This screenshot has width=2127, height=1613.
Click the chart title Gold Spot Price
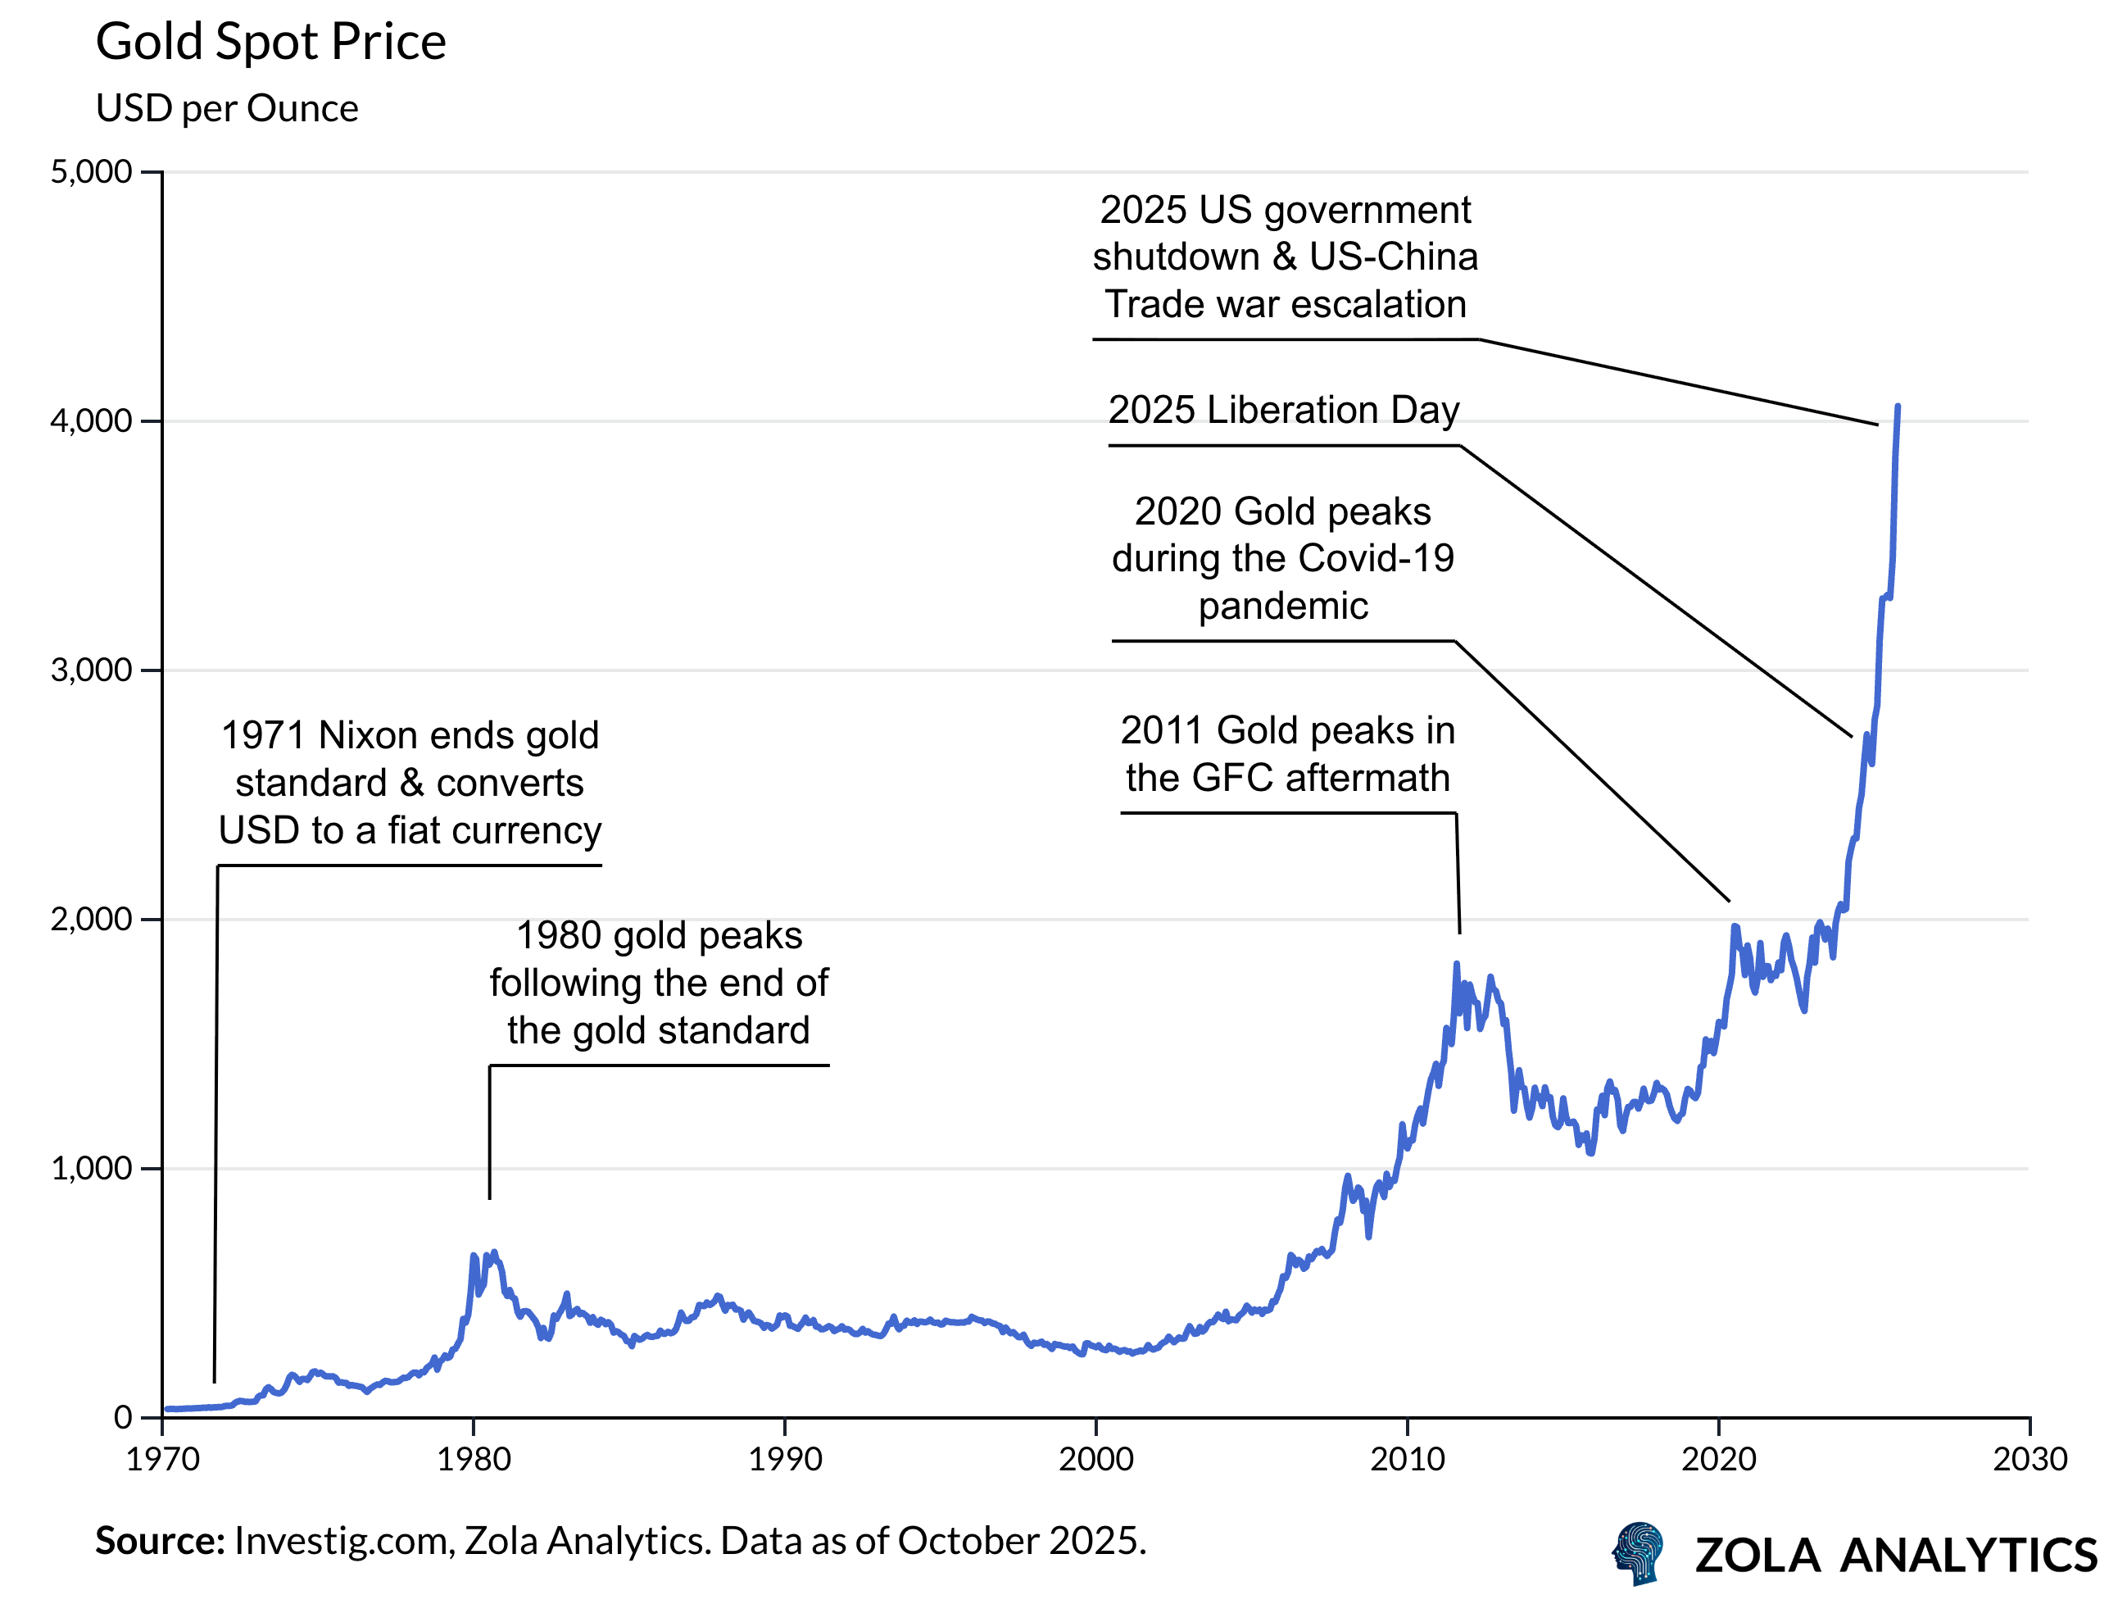pos(270,43)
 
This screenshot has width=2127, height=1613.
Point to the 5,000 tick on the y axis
pos(91,172)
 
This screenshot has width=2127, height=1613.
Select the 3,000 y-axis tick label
pos(91,670)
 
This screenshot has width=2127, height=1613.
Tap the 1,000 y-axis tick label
pos(91,1169)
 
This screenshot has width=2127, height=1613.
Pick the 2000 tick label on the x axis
pos(1096,1460)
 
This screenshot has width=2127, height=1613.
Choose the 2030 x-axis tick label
pos(2029,1460)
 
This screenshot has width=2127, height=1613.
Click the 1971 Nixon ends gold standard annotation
pos(410,783)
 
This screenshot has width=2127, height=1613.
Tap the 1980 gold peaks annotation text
pos(659,983)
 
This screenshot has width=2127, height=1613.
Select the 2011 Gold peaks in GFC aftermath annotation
pos(1287,754)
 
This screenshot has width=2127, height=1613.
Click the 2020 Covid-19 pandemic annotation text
pos(1283,559)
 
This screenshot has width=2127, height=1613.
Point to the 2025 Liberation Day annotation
pos(1283,411)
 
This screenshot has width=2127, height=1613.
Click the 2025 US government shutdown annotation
pos(1285,257)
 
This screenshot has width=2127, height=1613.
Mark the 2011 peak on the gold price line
pos(1456,965)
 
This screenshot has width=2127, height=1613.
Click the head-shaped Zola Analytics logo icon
pos(1639,1552)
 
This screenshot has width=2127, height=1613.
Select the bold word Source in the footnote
pos(160,1542)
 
